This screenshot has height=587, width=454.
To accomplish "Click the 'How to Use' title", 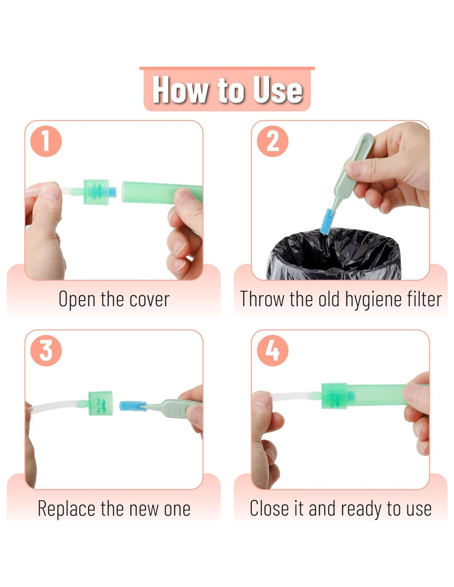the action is click(227, 90).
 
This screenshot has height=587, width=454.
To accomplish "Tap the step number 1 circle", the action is click(46, 141).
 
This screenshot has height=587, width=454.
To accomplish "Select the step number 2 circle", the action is click(272, 141).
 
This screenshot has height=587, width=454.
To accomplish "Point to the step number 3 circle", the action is click(46, 350).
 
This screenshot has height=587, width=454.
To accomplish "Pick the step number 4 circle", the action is click(272, 350).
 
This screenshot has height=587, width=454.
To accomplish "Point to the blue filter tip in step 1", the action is click(112, 192).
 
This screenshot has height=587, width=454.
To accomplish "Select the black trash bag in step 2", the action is click(333, 254).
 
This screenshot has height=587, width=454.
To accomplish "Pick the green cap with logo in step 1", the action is click(96, 192).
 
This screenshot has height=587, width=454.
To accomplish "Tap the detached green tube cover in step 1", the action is click(162, 192).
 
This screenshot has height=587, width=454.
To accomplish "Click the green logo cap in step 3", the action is click(100, 403).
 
